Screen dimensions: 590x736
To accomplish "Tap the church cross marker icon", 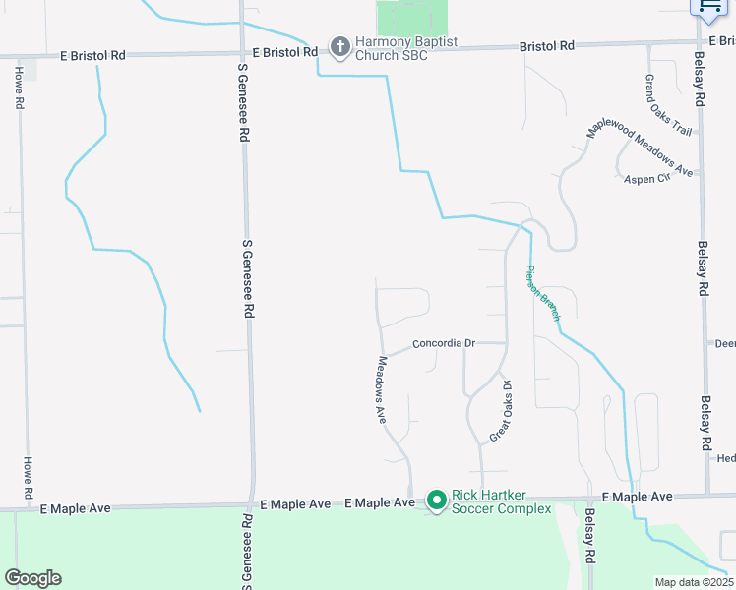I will click(339, 46).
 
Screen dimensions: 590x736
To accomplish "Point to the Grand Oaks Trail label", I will click(668, 104).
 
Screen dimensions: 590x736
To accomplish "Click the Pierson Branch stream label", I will click(542, 293).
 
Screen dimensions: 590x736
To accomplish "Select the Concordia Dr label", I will click(444, 343).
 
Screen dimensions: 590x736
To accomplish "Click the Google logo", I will click(32, 578).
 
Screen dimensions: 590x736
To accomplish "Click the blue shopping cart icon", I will click(708, 8).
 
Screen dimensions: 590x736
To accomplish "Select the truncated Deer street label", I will click(724, 343).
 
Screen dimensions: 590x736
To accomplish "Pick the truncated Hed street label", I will click(726, 458).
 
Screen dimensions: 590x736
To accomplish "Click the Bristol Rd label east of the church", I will click(547, 46).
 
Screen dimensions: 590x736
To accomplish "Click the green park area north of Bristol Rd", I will click(410, 17).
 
